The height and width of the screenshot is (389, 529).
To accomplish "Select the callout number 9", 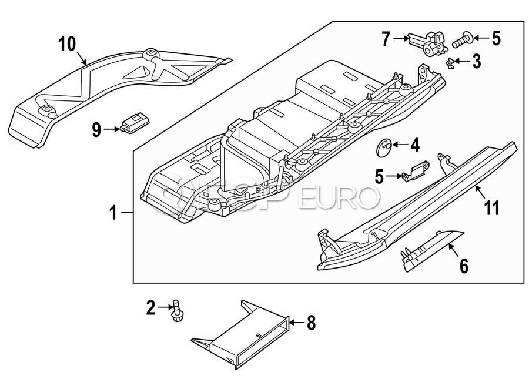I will coord(96,129).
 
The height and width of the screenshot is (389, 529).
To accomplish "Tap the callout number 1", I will coord(114,213).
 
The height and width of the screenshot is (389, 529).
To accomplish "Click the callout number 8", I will coord(311,322).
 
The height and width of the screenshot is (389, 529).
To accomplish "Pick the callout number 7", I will coord(386,39).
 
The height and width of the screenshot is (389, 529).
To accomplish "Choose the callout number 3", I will coord(477,61).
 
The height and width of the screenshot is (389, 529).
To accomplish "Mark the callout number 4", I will coord(414,143).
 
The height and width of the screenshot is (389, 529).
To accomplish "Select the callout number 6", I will coord(464,266).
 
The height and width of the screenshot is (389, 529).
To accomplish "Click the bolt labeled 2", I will coord(176,311).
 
